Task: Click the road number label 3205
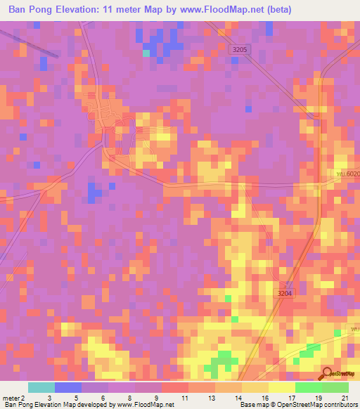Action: tap(240, 50)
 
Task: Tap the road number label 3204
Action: tap(284, 294)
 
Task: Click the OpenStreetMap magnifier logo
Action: tap(328, 373)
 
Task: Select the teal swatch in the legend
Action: tap(41, 387)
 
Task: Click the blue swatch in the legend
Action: tap(68, 387)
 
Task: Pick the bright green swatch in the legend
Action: tap(308, 387)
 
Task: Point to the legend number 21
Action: tap(345, 398)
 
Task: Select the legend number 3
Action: tap(49, 398)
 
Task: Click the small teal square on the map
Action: tap(146, 53)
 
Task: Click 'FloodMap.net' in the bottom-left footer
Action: tap(151, 405)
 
